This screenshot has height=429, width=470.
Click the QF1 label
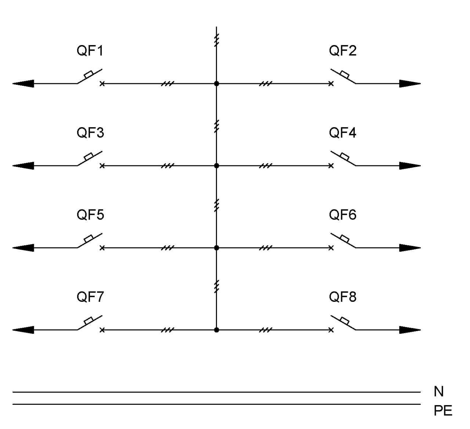pyautogui.click(x=90, y=51)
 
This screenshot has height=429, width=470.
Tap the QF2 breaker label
pyautogui.click(x=343, y=51)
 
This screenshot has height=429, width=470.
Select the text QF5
pyautogui.click(x=90, y=215)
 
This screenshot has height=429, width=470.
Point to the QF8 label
pyautogui.click(x=343, y=297)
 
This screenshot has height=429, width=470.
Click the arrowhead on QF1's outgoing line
pyautogui.click(x=23, y=84)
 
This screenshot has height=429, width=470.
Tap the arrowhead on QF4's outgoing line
pyautogui.click(x=410, y=166)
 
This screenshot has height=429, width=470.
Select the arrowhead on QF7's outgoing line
pyautogui.click(x=23, y=330)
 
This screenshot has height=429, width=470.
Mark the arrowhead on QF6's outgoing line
pyautogui.click(x=410, y=248)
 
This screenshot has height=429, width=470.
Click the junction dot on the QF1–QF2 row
pyautogui.click(x=217, y=84)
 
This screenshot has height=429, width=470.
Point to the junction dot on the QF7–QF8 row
pyautogui.click(x=217, y=330)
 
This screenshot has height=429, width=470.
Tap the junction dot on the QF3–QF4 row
pyautogui.click(x=217, y=166)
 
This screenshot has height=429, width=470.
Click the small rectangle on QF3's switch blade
pyautogui.click(x=88, y=156)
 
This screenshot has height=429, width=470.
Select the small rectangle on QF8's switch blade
pyautogui.click(x=345, y=320)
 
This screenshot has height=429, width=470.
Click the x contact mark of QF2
pyautogui.click(x=331, y=84)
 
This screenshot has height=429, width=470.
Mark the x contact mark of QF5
pyautogui.click(x=102, y=248)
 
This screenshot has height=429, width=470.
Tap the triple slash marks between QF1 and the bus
pyautogui.click(x=167, y=84)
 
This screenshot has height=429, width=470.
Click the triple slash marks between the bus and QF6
pyautogui.click(x=265, y=248)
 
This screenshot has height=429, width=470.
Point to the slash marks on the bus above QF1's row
pyautogui.click(x=217, y=40)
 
